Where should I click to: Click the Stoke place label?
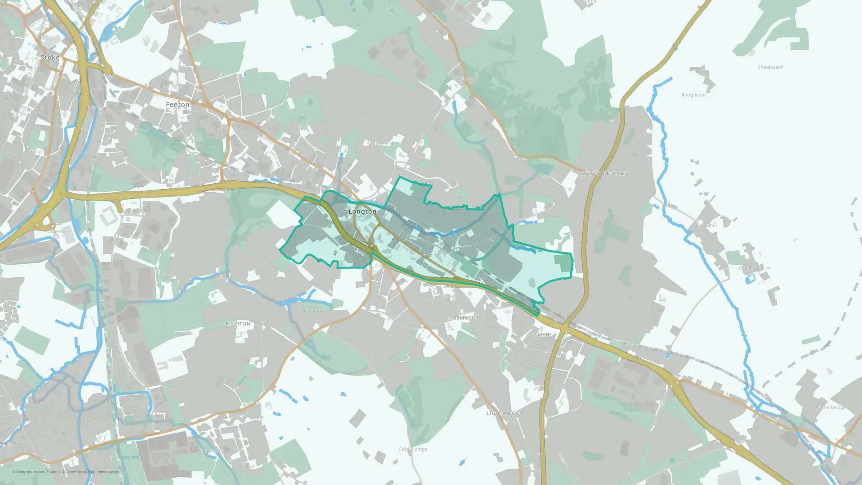tap(50, 57)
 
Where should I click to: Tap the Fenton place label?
tap(178, 105)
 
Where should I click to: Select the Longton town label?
tap(362, 212)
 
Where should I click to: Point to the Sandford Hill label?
tap(382, 144)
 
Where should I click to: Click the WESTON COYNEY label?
tap(605, 173)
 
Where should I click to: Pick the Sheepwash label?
tap(770, 67)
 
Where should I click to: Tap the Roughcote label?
tap(693, 95)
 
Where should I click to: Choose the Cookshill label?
tap(706, 225)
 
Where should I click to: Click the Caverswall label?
tap(751, 268)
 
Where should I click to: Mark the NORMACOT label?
tap(463, 318)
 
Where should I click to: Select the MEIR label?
tap(544, 335)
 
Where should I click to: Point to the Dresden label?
tap(311, 310)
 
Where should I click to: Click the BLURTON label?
tap(238, 324)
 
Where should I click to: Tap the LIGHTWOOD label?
tap(503, 413)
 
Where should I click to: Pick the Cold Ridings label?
tap(412, 449)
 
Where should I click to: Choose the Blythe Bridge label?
tap(830, 407)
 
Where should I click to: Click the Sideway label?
tap(57, 231)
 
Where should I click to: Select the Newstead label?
tap(210, 451)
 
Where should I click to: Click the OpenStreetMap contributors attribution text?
tap(92, 472)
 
